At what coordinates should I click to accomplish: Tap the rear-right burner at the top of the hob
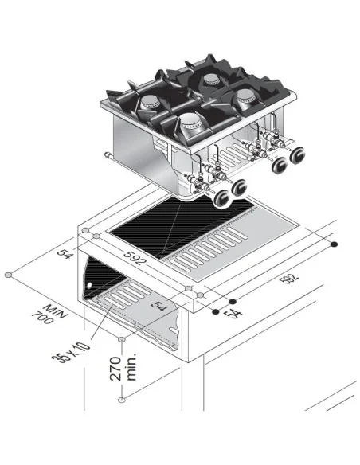click(211, 78)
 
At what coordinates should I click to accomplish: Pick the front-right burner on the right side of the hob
click(248, 99)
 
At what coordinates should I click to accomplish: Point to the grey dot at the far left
click(7, 275)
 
